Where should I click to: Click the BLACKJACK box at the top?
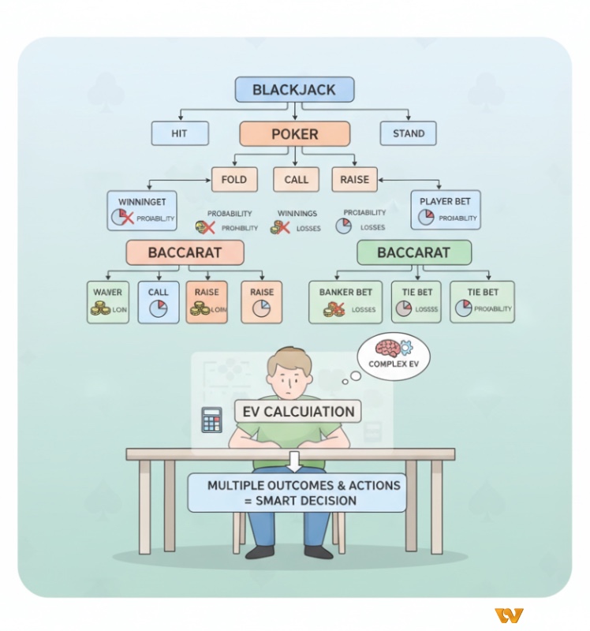coord(294,89)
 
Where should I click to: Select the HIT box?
coord(180,133)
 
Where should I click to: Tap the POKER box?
coord(294,133)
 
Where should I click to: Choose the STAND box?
coord(409,133)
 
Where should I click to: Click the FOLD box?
coord(234,180)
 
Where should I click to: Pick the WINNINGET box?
coord(142,210)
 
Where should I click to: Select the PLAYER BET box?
coord(446,210)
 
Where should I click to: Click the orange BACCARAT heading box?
coord(185,253)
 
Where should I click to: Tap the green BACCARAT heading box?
coord(414,253)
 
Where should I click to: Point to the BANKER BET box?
coord(345,301)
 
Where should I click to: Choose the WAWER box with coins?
coord(108,301)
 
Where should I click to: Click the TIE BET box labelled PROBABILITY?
coord(482,301)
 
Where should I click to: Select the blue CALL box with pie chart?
coord(159,301)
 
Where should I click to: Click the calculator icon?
coord(211,419)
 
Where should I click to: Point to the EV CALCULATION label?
coord(297,411)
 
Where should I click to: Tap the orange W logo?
coord(509,615)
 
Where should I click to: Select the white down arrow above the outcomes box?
coord(295,461)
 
